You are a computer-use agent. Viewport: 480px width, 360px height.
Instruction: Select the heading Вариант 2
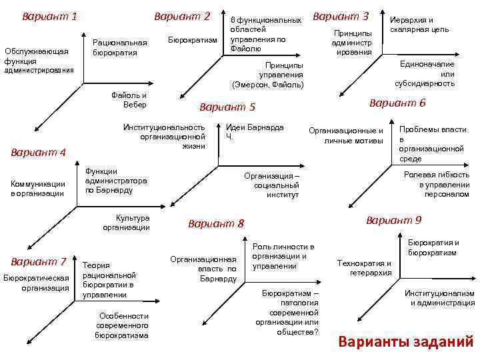pyautogui.click(x=181, y=15)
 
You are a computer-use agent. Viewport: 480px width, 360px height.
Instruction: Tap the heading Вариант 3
pyautogui.click(x=341, y=15)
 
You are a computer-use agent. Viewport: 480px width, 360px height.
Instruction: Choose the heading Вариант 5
pyautogui.click(x=227, y=107)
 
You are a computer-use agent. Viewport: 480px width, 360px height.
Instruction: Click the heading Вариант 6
pyautogui.click(x=397, y=103)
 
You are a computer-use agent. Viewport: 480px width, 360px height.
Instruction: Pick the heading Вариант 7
pyautogui.click(x=39, y=261)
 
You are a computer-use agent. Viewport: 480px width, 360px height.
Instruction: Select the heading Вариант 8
pyautogui.click(x=217, y=223)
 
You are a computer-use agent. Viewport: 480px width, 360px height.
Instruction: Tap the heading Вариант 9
pyautogui.click(x=394, y=220)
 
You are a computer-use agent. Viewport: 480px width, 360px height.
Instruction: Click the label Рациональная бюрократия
pyautogui.click(x=120, y=47)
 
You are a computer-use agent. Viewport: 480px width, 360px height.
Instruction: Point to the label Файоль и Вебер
pyautogui.click(x=130, y=100)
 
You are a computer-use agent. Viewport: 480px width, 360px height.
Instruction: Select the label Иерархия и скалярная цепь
pyautogui.click(x=419, y=25)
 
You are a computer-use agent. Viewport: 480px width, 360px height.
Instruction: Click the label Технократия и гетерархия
pyautogui.click(x=364, y=268)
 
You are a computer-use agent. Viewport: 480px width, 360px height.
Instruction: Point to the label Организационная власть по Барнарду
pyautogui.click(x=203, y=269)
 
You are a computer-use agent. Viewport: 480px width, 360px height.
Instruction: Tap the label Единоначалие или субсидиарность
pyautogui.click(x=427, y=73)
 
